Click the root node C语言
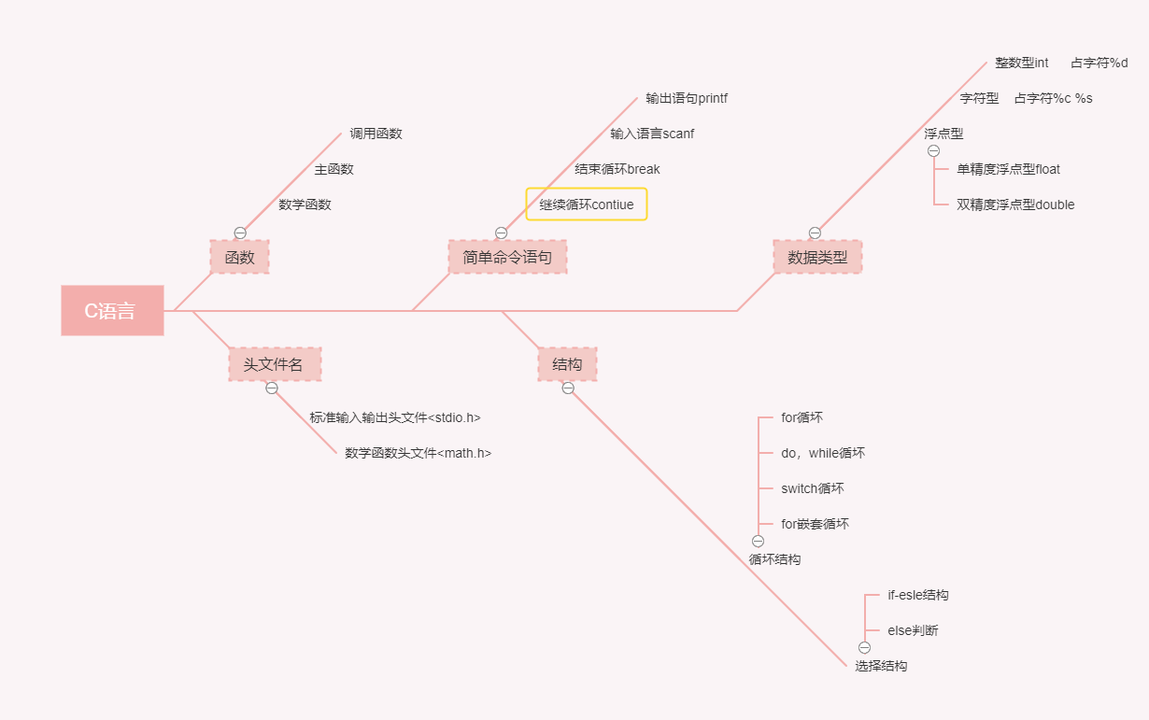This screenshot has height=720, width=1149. pos(112,310)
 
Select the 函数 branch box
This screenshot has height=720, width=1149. pos(239,257)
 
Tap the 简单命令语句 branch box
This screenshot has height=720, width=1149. pos(507,257)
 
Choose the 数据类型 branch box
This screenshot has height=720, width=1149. pos(817,257)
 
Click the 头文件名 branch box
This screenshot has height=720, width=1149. pos(275,364)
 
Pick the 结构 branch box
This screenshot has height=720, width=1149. pos(567,364)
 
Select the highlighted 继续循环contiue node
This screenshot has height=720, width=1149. pos(587,205)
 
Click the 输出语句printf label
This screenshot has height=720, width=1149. pos(687,98)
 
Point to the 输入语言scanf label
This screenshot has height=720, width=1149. pos(652,134)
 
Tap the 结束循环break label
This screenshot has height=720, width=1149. pos(617,169)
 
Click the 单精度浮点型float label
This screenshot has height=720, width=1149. pos(1008,169)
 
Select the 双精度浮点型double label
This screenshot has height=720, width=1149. pos(1015,205)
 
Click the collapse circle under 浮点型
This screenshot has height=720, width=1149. pos(933,151)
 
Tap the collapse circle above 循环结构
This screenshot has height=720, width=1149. pos(758,541)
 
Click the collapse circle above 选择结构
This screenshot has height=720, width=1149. pos(864,647)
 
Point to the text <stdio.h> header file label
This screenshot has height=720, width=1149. pos(395,417)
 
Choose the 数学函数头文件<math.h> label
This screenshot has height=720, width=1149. pos(418,453)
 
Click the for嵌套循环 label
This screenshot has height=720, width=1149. pos(815,524)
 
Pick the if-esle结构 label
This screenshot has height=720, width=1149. pos(917,595)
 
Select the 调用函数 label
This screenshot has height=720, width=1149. pos(376,134)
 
